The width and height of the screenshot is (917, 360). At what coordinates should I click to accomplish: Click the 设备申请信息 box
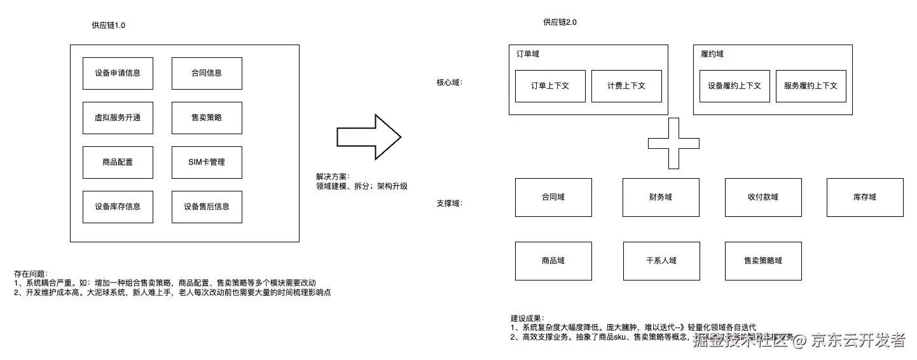coord(118,73)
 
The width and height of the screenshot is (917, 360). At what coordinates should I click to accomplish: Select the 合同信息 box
coord(207,73)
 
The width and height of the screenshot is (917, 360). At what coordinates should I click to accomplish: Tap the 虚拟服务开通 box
coord(118,118)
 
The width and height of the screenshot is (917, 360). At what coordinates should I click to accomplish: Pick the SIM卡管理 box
coord(207,162)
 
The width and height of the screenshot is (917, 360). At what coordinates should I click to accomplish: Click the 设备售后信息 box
coord(207,207)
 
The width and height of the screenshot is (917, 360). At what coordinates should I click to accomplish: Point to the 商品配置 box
coord(118,162)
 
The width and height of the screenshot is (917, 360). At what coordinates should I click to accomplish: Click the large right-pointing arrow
coord(368,137)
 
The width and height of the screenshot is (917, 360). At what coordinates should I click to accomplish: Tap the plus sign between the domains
coord(673,144)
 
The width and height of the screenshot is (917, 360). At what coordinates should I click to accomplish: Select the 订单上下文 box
coord(550,86)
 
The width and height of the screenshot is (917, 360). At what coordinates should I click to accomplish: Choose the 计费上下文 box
coord(626,86)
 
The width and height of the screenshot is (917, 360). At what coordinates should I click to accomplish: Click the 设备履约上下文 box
coord(734,86)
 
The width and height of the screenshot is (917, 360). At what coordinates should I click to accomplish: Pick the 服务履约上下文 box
coord(811,86)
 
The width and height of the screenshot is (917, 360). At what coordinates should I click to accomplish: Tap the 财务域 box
coord(661,197)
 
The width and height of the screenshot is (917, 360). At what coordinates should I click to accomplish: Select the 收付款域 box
coord(763,197)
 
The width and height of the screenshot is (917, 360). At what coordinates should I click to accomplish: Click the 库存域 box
coord(865,197)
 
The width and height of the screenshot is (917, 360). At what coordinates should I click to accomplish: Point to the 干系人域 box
coord(661,261)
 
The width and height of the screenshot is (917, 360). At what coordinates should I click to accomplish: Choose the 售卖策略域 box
coord(763,261)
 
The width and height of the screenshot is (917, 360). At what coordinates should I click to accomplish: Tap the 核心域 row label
coord(449,83)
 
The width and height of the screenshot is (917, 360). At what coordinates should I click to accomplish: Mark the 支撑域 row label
coord(449,204)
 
